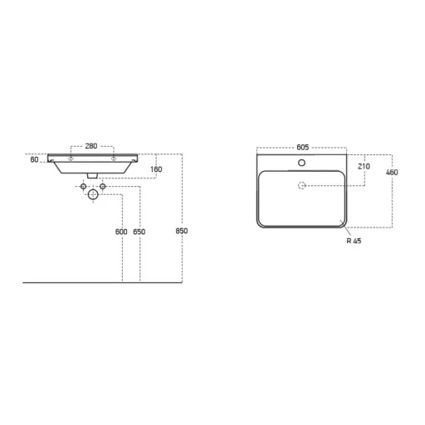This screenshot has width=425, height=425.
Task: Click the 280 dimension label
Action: [91, 146]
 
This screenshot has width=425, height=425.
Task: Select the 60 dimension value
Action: [34, 159]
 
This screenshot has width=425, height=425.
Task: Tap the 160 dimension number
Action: [156, 169]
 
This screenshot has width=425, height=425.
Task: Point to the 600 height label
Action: [121, 232]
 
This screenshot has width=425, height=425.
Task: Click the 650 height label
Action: [139, 232]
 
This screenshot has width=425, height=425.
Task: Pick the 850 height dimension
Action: [182, 231]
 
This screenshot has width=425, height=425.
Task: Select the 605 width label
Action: [302, 147]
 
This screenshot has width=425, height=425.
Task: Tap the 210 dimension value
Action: [364, 166]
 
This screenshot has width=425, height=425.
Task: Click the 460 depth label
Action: [392, 173]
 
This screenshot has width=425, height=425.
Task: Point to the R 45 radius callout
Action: [354, 241]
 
